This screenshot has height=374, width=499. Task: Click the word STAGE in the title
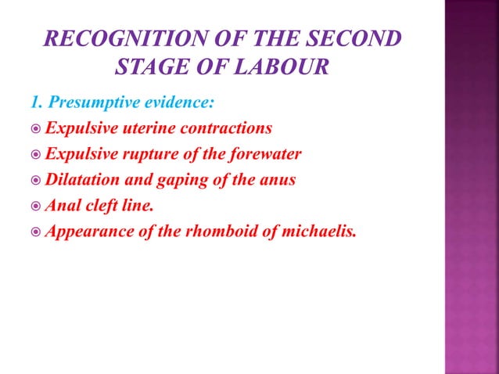point(150,67)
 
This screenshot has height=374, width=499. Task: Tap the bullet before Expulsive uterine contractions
point(36,128)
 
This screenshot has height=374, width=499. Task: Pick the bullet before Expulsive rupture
point(36,153)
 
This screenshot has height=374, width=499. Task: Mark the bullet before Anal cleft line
point(36,205)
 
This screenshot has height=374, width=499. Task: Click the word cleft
point(104,205)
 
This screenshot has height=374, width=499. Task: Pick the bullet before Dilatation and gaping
point(36,179)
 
